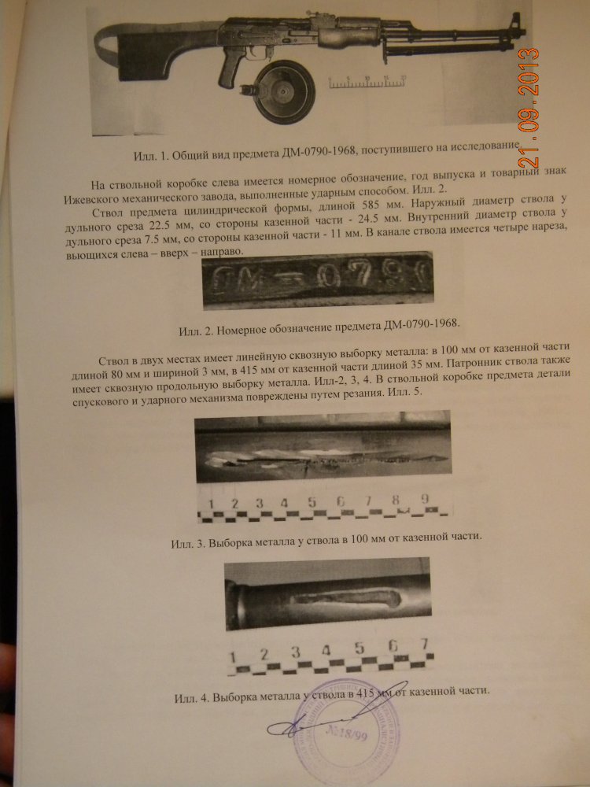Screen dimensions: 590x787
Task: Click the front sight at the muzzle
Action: point(515,23)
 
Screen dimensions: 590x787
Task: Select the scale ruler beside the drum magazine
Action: point(367,82)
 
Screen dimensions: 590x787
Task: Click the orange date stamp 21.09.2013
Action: point(529,108)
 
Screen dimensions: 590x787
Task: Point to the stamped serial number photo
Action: point(318,279)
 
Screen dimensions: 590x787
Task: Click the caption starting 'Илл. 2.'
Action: point(319,327)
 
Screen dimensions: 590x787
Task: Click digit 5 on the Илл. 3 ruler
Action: point(312,501)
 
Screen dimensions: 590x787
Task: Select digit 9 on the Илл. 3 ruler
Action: point(425,499)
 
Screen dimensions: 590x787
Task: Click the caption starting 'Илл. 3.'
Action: point(326,540)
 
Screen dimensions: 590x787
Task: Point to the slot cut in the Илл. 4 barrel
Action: point(345,597)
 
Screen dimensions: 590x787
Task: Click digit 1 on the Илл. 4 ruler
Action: point(232,657)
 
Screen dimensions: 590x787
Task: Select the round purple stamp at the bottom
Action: point(346,732)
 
